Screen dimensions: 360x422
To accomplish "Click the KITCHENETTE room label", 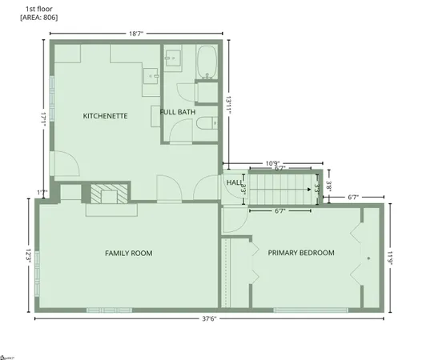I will click(x=106, y=116).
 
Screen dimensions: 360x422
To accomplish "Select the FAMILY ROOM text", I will click(x=128, y=253).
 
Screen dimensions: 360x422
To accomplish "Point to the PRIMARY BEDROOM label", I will click(x=301, y=253).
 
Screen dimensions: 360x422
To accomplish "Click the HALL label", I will click(x=234, y=182).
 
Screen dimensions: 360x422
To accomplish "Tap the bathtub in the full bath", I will click(x=207, y=63).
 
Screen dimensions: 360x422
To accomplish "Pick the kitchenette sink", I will click(x=152, y=75).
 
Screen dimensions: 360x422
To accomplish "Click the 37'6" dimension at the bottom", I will click(x=209, y=318).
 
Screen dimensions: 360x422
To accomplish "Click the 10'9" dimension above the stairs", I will click(x=275, y=162).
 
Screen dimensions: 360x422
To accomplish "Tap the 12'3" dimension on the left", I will click(x=28, y=259).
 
